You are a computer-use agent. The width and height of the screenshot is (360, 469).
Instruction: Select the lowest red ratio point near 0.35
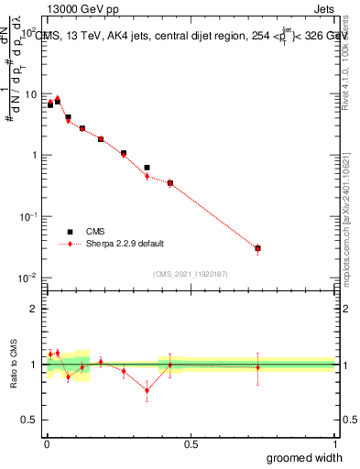click(x=147, y=390)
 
